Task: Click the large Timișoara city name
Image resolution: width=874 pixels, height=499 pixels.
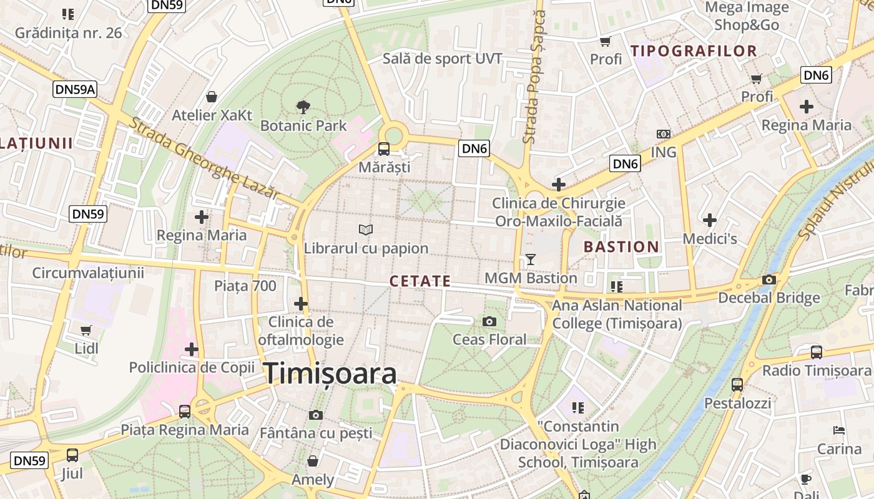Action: (330, 374)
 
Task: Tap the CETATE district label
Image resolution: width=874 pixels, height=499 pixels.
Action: (420, 281)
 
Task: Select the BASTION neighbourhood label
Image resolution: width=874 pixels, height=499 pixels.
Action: (621, 247)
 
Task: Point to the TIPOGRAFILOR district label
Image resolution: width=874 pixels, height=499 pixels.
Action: (694, 51)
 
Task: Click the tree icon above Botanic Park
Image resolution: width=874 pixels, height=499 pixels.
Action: (303, 107)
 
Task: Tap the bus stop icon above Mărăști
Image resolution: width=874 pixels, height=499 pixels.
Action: (384, 149)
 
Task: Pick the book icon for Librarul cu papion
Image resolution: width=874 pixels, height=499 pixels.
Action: (366, 230)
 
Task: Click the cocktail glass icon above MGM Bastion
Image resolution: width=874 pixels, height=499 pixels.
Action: (531, 259)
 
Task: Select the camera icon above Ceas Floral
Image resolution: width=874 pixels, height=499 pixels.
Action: (489, 321)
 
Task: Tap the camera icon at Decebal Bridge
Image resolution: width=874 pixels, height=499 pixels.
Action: (769, 279)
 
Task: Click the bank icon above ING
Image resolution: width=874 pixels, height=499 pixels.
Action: (663, 134)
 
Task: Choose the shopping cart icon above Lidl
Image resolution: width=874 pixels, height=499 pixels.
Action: (86, 330)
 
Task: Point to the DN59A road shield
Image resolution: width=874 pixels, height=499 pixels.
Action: (76, 89)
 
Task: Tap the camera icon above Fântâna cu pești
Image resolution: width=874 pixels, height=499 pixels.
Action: (316, 415)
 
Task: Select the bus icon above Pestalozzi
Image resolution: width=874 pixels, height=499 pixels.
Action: (737, 384)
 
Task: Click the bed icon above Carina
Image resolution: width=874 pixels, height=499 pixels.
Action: (839, 430)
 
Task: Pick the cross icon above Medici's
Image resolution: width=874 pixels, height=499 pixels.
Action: (709, 220)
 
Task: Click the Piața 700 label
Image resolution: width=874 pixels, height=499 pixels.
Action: (245, 286)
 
